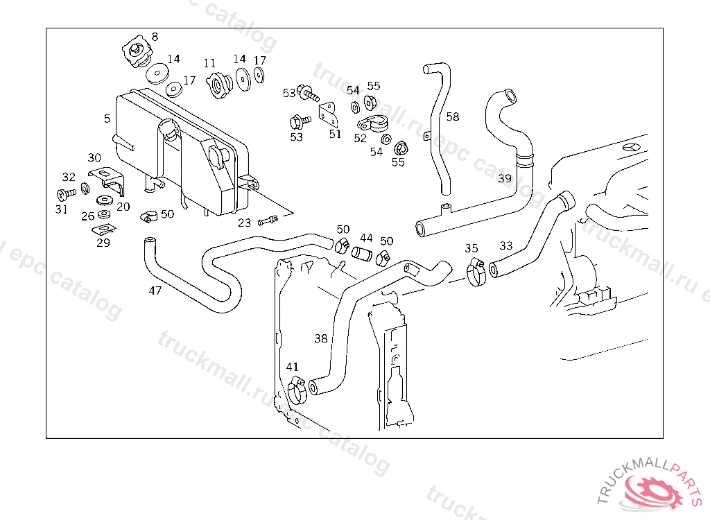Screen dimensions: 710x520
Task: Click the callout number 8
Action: (155, 37)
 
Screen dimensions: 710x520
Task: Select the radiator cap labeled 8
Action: (137, 52)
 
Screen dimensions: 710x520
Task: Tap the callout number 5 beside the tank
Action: (107, 119)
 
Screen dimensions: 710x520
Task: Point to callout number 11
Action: (209, 63)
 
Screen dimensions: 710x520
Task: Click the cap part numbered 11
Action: (220, 85)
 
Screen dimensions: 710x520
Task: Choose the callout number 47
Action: (155, 291)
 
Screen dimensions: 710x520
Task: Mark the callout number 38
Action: (320, 338)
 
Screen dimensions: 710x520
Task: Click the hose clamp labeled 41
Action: (297, 391)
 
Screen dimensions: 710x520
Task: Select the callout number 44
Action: (366, 238)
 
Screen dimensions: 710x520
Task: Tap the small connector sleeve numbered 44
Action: (362, 254)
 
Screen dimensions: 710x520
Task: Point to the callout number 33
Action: (505, 245)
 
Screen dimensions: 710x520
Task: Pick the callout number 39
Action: (505, 178)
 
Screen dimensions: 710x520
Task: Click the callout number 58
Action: (452, 117)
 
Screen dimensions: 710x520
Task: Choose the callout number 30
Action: (94, 157)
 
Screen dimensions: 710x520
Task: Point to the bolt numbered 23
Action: (268, 220)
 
